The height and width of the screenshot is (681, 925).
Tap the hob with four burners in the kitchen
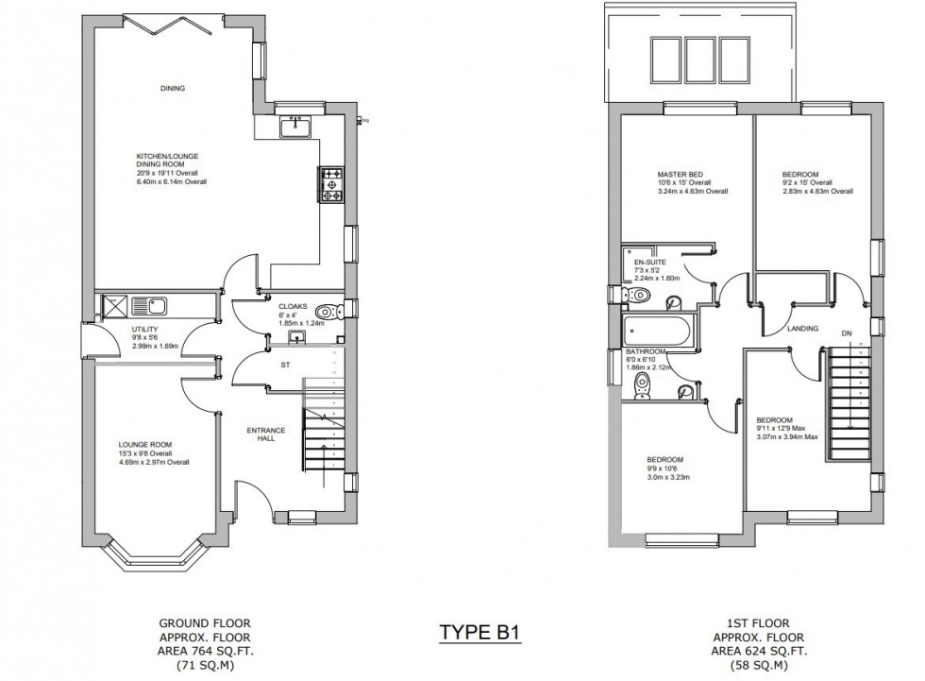point(333,185)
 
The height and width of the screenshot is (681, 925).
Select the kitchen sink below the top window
point(297,125)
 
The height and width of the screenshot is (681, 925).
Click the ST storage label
point(283,363)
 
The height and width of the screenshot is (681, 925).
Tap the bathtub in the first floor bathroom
point(658,332)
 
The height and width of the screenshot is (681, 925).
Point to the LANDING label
point(802,329)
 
